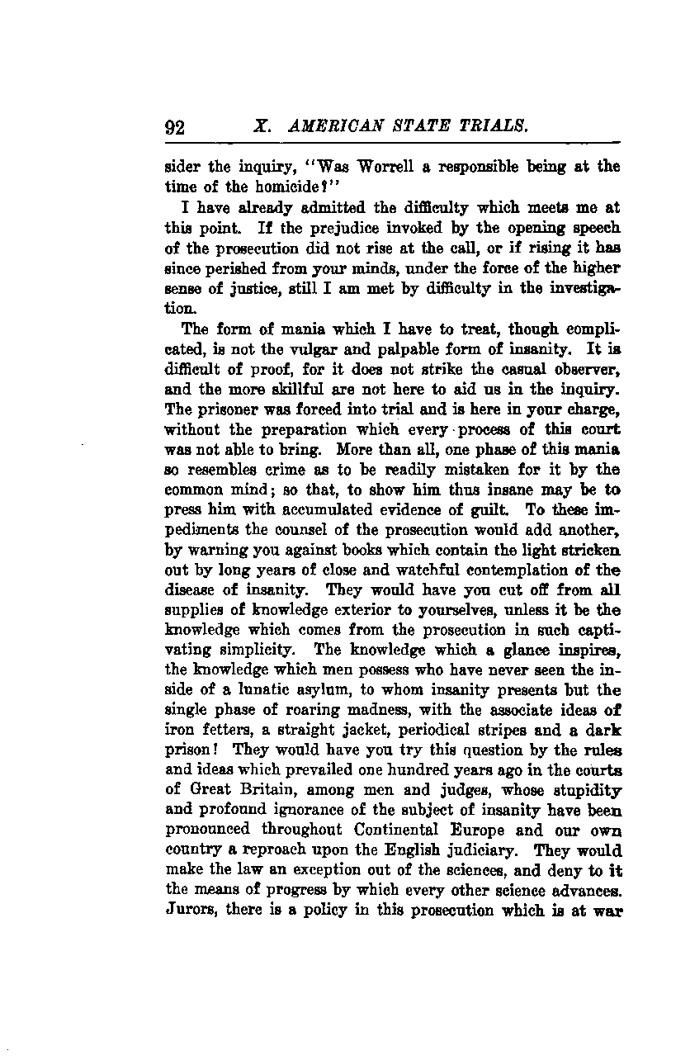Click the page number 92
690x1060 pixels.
175,128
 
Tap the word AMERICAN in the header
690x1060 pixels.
328,126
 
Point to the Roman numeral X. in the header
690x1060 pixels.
262,126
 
